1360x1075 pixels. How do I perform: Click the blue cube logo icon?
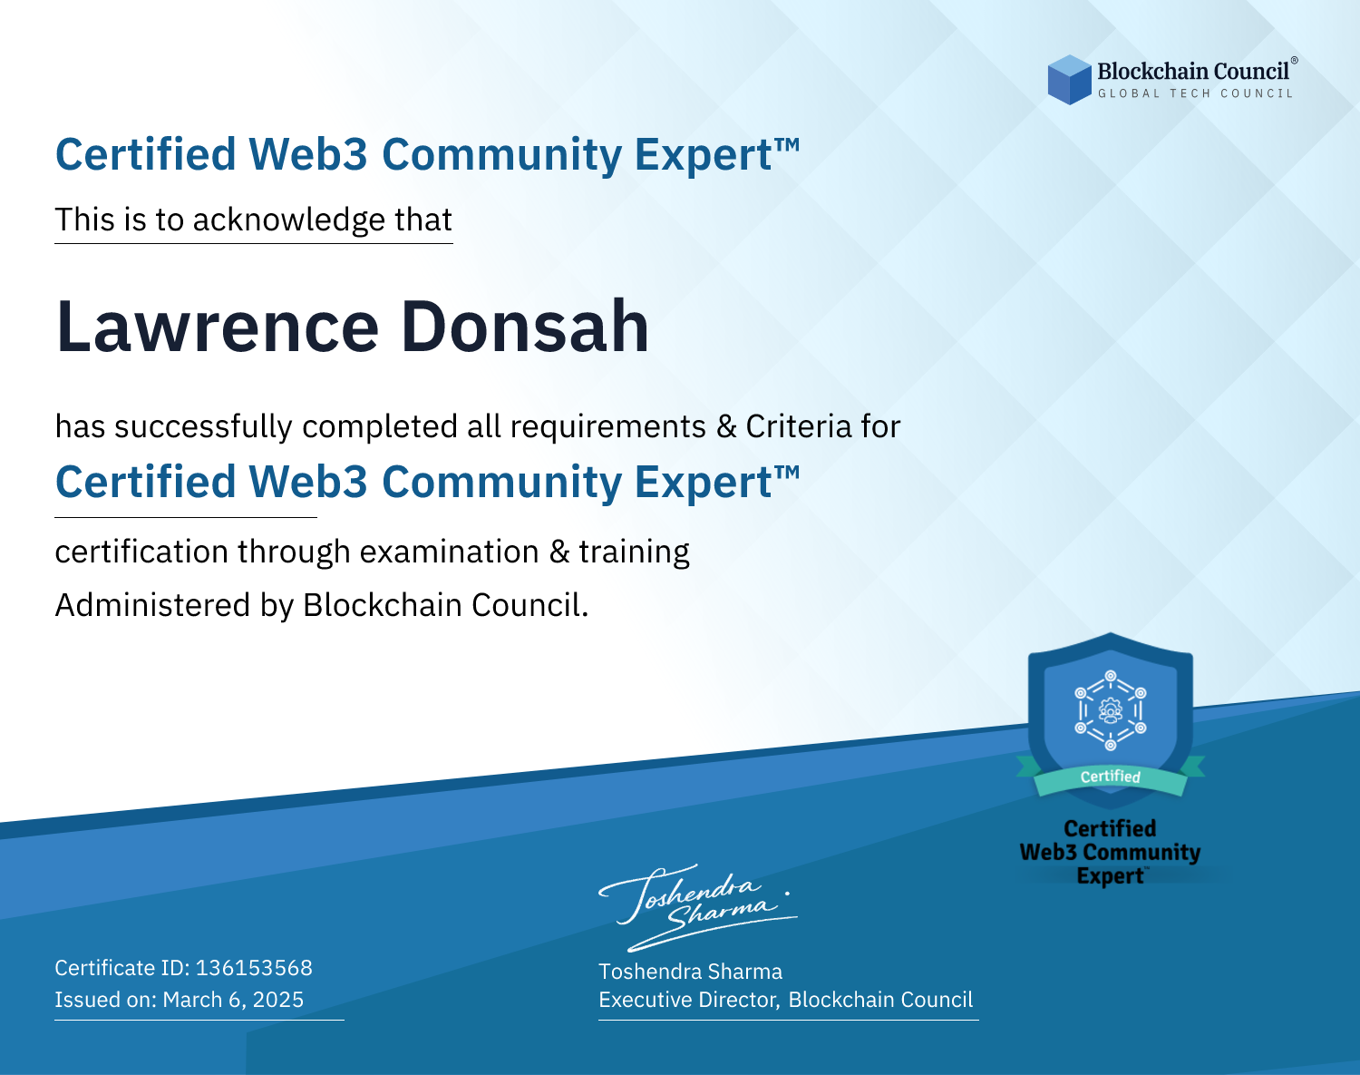click(x=1069, y=80)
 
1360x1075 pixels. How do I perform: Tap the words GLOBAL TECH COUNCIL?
click(x=1196, y=93)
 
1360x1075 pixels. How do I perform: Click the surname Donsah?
click(x=525, y=327)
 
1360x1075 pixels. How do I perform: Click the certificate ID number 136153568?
click(x=254, y=967)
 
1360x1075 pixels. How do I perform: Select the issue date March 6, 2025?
click(x=233, y=1000)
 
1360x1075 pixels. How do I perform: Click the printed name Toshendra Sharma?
click(x=690, y=972)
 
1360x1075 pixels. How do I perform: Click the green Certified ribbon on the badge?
click(x=1111, y=777)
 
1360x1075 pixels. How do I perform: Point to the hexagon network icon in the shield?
click(x=1111, y=710)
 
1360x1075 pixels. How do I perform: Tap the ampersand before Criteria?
click(x=726, y=426)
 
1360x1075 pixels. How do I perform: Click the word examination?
click(x=450, y=552)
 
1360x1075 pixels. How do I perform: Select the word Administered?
click(x=153, y=605)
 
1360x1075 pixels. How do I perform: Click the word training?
click(x=635, y=552)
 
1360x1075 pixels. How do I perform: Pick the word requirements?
click(x=608, y=427)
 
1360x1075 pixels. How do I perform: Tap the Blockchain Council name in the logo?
click(x=1193, y=72)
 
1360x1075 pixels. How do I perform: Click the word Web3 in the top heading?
click(x=307, y=154)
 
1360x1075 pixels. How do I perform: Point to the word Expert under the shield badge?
click(x=1110, y=876)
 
